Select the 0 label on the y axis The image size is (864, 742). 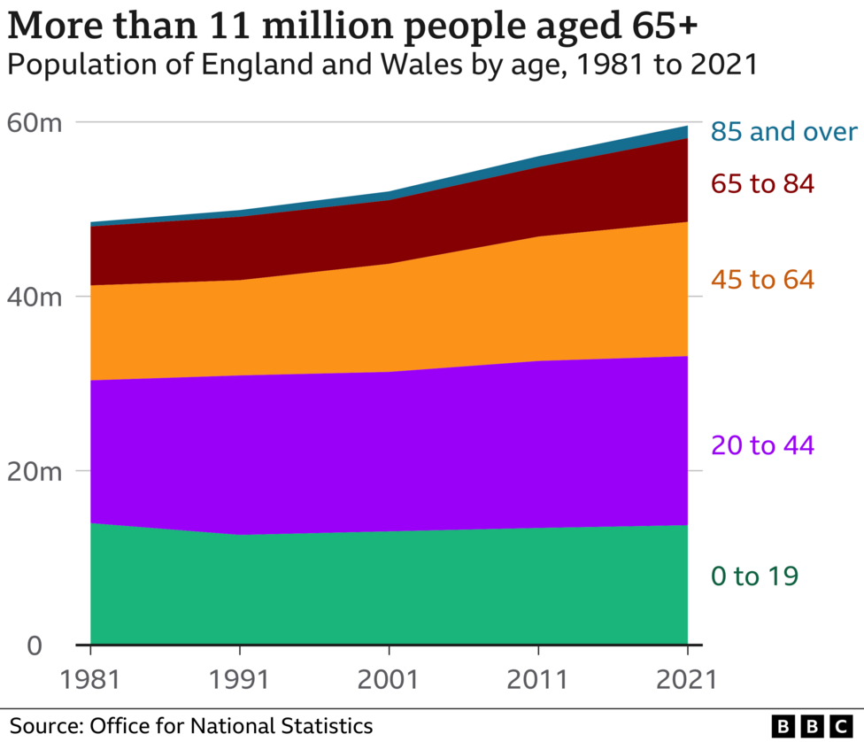pyautogui.click(x=34, y=645)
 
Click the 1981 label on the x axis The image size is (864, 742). pyautogui.click(x=90, y=679)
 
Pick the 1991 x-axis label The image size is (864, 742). pyautogui.click(x=240, y=679)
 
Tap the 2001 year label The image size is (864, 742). pyautogui.click(x=389, y=679)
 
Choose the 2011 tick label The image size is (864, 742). pyautogui.click(x=538, y=679)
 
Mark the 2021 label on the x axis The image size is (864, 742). pyautogui.click(x=687, y=679)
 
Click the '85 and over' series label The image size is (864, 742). pyautogui.click(x=783, y=133)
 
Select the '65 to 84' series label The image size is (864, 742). pyautogui.click(x=761, y=184)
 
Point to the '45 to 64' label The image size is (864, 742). pyautogui.click(x=761, y=280)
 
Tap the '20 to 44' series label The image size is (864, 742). pyautogui.click(x=761, y=445)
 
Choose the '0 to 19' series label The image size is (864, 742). pyautogui.click(x=754, y=576)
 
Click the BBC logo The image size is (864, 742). pyautogui.click(x=811, y=726)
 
